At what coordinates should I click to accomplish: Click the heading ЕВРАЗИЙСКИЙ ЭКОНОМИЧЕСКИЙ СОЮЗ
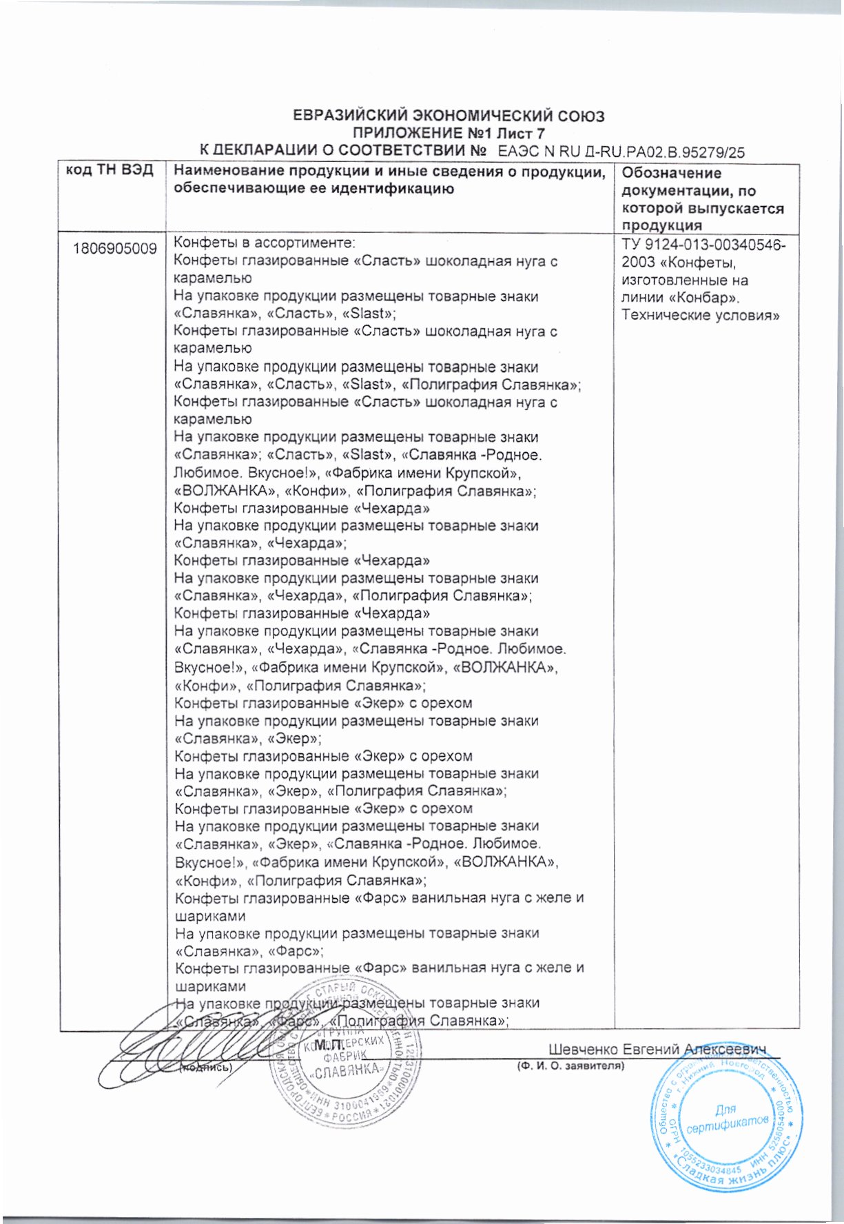449,116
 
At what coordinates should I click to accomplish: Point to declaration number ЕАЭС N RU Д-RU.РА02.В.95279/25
621,152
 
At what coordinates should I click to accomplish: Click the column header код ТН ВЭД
110,171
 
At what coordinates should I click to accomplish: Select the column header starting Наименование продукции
389,180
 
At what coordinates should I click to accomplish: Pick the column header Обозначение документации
703,198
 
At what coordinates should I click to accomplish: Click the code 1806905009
115,249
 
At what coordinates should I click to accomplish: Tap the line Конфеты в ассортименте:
263,243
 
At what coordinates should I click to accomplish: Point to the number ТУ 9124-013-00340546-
703,245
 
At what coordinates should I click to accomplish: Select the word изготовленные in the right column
668,280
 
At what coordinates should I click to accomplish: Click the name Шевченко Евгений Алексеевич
657,1049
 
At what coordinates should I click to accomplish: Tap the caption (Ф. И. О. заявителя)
571,1065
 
